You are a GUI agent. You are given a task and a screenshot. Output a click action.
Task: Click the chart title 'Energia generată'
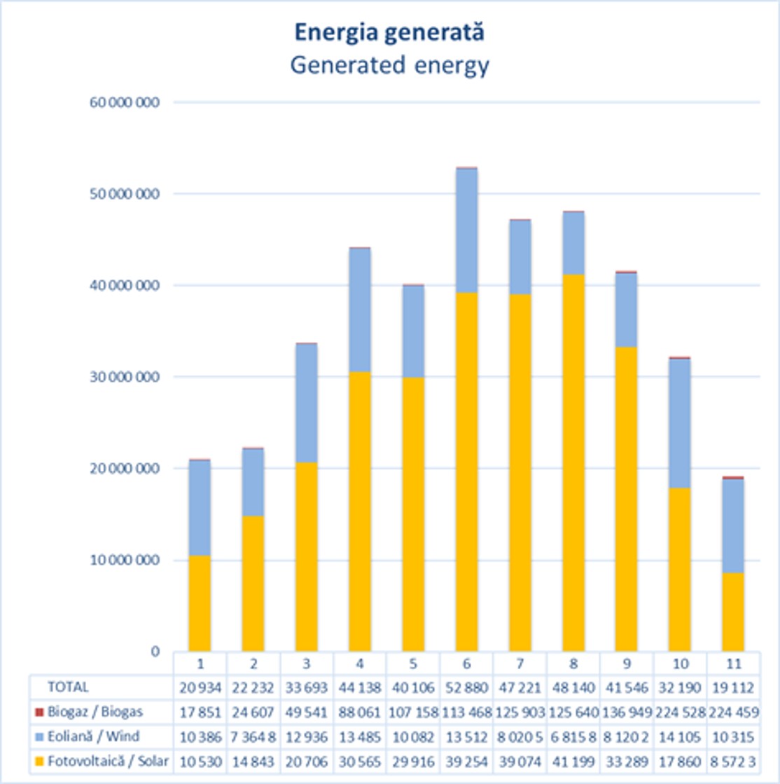coord(389,33)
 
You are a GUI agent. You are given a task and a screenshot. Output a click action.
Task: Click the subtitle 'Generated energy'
coord(389,65)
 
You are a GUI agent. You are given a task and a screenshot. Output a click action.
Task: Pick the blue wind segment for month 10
coord(679,423)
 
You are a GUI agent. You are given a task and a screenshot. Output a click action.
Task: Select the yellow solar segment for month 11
coord(732,612)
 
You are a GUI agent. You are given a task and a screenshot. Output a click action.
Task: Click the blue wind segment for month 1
coord(200,508)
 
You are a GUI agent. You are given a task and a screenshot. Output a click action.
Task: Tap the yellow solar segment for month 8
coord(573,462)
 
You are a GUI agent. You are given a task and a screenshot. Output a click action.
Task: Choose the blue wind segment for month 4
coord(360,310)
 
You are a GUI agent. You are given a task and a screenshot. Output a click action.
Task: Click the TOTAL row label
coord(68,687)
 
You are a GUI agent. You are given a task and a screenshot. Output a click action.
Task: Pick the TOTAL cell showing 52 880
coord(466,687)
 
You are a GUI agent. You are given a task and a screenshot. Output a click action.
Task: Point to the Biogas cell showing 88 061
coord(360,713)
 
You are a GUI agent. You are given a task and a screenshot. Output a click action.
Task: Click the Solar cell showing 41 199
coord(573,762)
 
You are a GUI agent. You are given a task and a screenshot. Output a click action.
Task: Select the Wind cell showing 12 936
coord(307,737)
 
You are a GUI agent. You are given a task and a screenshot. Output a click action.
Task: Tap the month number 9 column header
coord(626,663)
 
